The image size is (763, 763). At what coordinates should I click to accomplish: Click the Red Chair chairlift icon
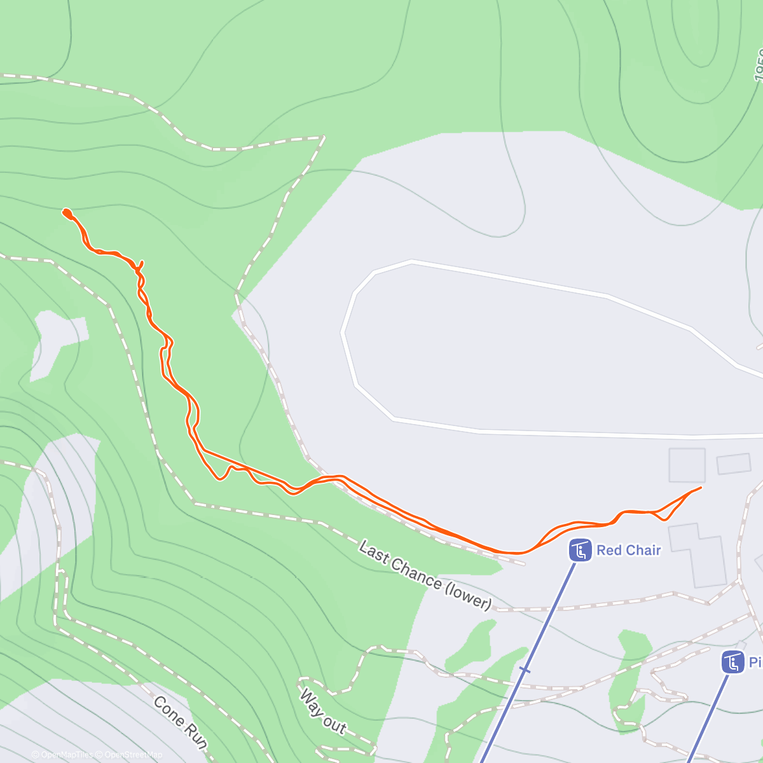[x=580, y=551]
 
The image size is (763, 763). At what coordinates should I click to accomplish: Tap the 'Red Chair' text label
[x=628, y=550]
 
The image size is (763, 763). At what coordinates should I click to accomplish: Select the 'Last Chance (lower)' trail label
[x=425, y=575]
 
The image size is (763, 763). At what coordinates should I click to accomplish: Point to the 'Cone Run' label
[x=181, y=723]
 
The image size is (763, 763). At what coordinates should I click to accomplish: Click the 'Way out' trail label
[x=323, y=711]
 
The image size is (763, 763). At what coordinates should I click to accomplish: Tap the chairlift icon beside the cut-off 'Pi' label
[x=733, y=662]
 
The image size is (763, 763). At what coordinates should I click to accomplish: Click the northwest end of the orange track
[x=65, y=212]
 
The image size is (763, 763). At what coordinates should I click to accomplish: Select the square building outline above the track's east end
[x=687, y=465]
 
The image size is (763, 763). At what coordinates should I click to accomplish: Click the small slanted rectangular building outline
[x=734, y=464]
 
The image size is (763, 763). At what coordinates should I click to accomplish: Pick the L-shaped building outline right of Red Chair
[x=699, y=553]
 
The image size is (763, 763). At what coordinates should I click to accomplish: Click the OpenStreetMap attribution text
[x=134, y=755]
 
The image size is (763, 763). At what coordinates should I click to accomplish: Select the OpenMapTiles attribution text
[x=67, y=755]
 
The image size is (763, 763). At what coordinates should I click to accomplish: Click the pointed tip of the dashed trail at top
[x=324, y=137]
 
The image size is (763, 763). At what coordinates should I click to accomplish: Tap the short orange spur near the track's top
[x=141, y=265]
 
